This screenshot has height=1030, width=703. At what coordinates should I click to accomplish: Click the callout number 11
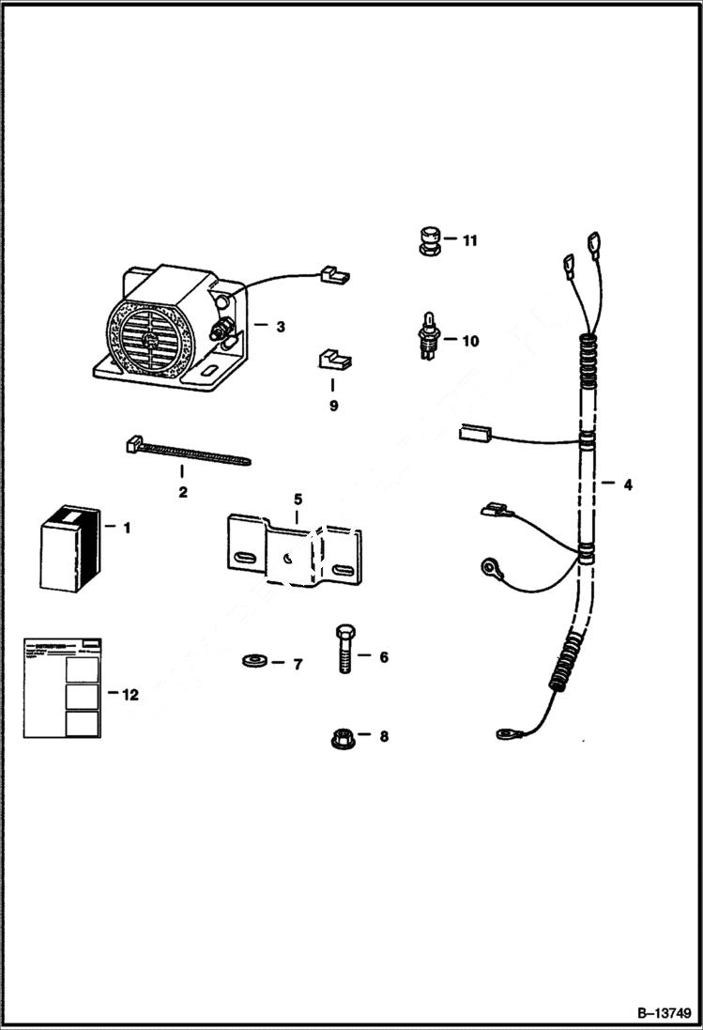(x=469, y=240)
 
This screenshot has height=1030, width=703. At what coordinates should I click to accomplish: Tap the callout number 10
(x=469, y=341)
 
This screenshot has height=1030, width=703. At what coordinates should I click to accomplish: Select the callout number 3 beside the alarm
(x=280, y=327)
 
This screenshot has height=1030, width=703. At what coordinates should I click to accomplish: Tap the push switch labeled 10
(x=427, y=336)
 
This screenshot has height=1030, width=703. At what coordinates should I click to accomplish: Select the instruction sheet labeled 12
(x=63, y=687)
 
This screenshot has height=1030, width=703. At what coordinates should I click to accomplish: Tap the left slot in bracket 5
(x=246, y=559)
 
